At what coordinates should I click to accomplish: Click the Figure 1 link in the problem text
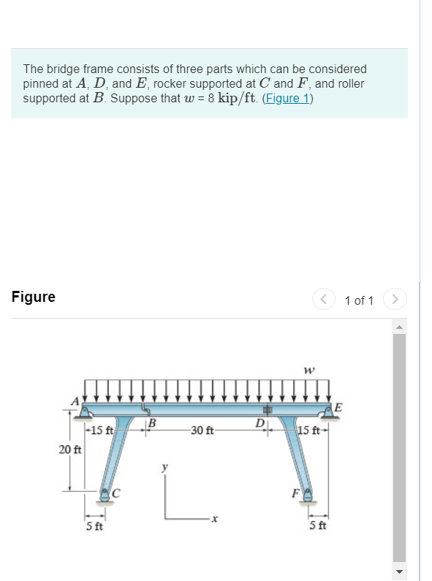[286, 98]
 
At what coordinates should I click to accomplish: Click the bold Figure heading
[34, 297]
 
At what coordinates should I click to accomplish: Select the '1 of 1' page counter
[359, 300]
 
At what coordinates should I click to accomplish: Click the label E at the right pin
[338, 408]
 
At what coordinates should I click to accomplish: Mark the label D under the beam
[259, 423]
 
